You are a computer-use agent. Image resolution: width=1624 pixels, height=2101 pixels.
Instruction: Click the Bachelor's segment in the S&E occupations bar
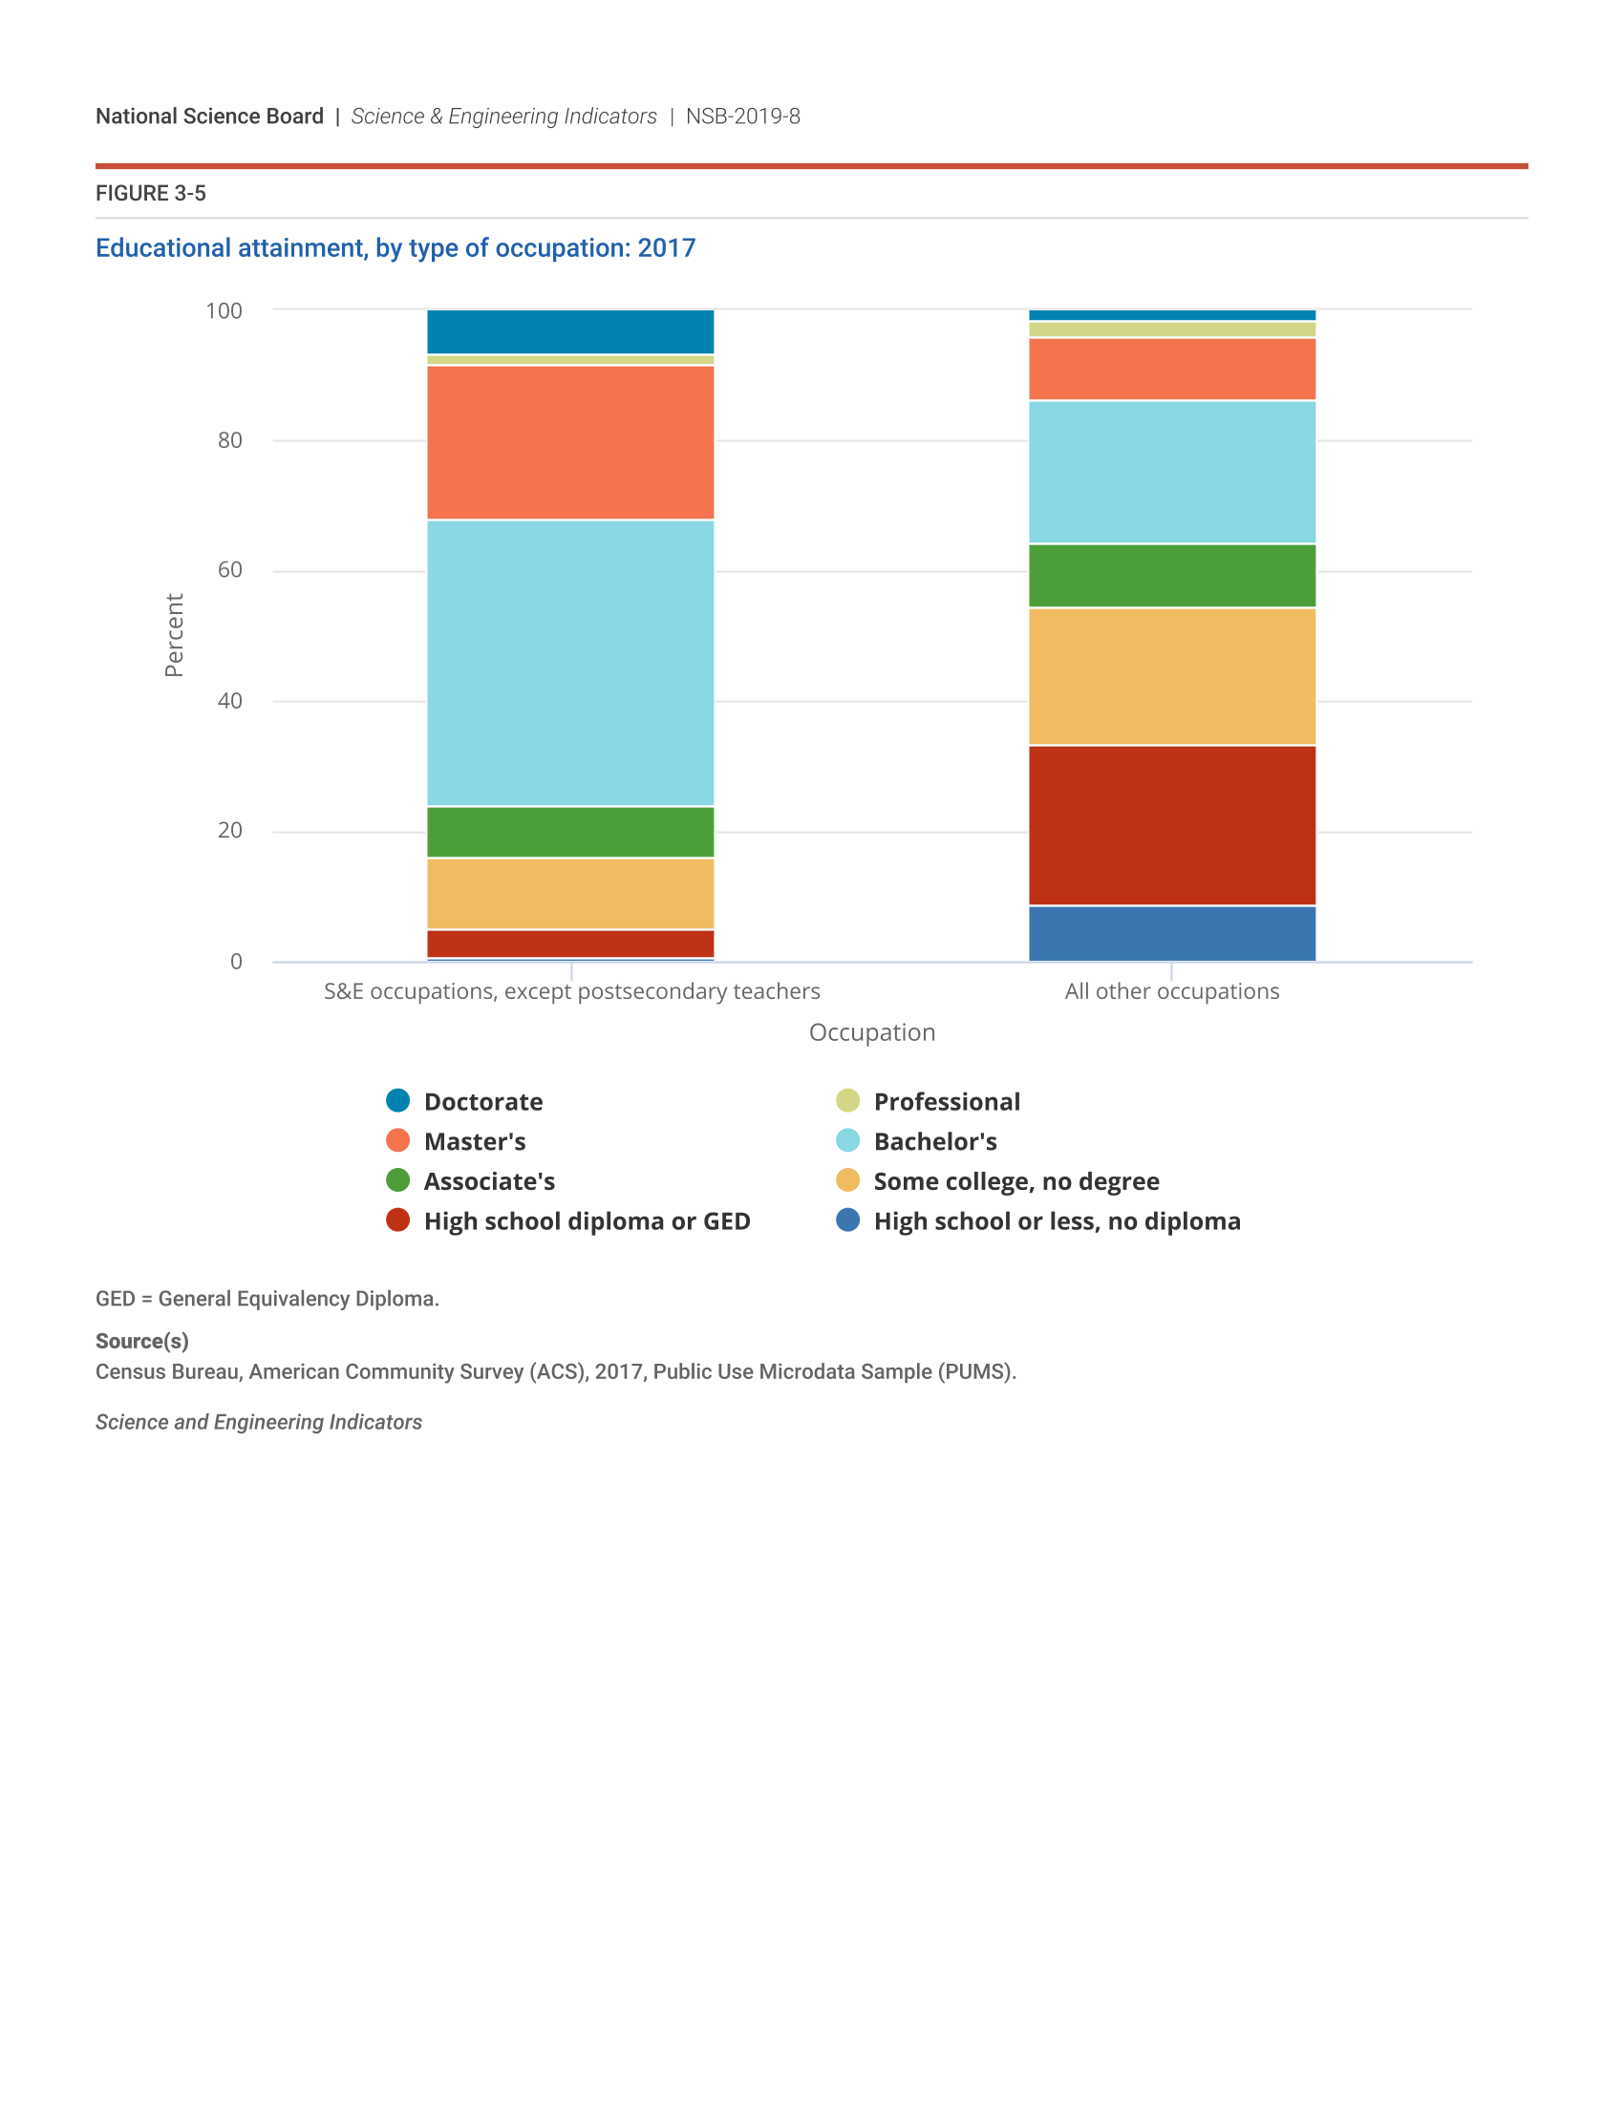tap(570, 663)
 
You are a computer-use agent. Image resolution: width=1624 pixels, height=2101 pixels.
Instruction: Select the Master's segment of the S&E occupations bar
tap(570, 442)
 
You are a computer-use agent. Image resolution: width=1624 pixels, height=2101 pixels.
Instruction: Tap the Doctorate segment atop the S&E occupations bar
tap(570, 332)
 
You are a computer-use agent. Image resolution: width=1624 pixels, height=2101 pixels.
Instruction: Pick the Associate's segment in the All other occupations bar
tap(1172, 576)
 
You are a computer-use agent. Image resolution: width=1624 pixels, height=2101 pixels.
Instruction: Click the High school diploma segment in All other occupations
tap(1172, 825)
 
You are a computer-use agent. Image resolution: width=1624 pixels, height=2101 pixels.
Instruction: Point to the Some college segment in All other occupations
tap(1172, 676)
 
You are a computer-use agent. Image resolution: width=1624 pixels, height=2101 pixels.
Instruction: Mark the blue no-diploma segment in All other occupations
tap(1172, 933)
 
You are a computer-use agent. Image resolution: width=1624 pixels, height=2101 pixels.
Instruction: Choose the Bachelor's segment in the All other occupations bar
tap(1172, 473)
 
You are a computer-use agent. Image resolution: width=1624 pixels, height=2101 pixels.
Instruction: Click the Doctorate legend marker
tap(397, 1100)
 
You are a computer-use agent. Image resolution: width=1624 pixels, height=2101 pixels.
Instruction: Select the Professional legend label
tap(946, 1101)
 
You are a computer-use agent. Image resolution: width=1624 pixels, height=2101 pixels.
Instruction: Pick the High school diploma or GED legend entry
tap(586, 1220)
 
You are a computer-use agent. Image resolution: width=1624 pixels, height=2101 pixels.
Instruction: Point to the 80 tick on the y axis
tap(230, 440)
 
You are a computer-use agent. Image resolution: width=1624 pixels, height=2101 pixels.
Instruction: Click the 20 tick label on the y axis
tap(230, 831)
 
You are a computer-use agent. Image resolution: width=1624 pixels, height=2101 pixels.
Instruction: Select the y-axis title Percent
tap(174, 635)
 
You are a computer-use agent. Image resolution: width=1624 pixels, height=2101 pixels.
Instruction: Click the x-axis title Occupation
tap(871, 1032)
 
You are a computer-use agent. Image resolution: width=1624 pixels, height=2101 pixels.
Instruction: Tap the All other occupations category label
tap(1172, 992)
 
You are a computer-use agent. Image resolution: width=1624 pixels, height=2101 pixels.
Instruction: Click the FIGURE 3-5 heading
tap(151, 193)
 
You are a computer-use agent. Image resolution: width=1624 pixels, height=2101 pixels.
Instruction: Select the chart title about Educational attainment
tap(395, 248)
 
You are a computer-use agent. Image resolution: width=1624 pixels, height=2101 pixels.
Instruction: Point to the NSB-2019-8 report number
tap(742, 117)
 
